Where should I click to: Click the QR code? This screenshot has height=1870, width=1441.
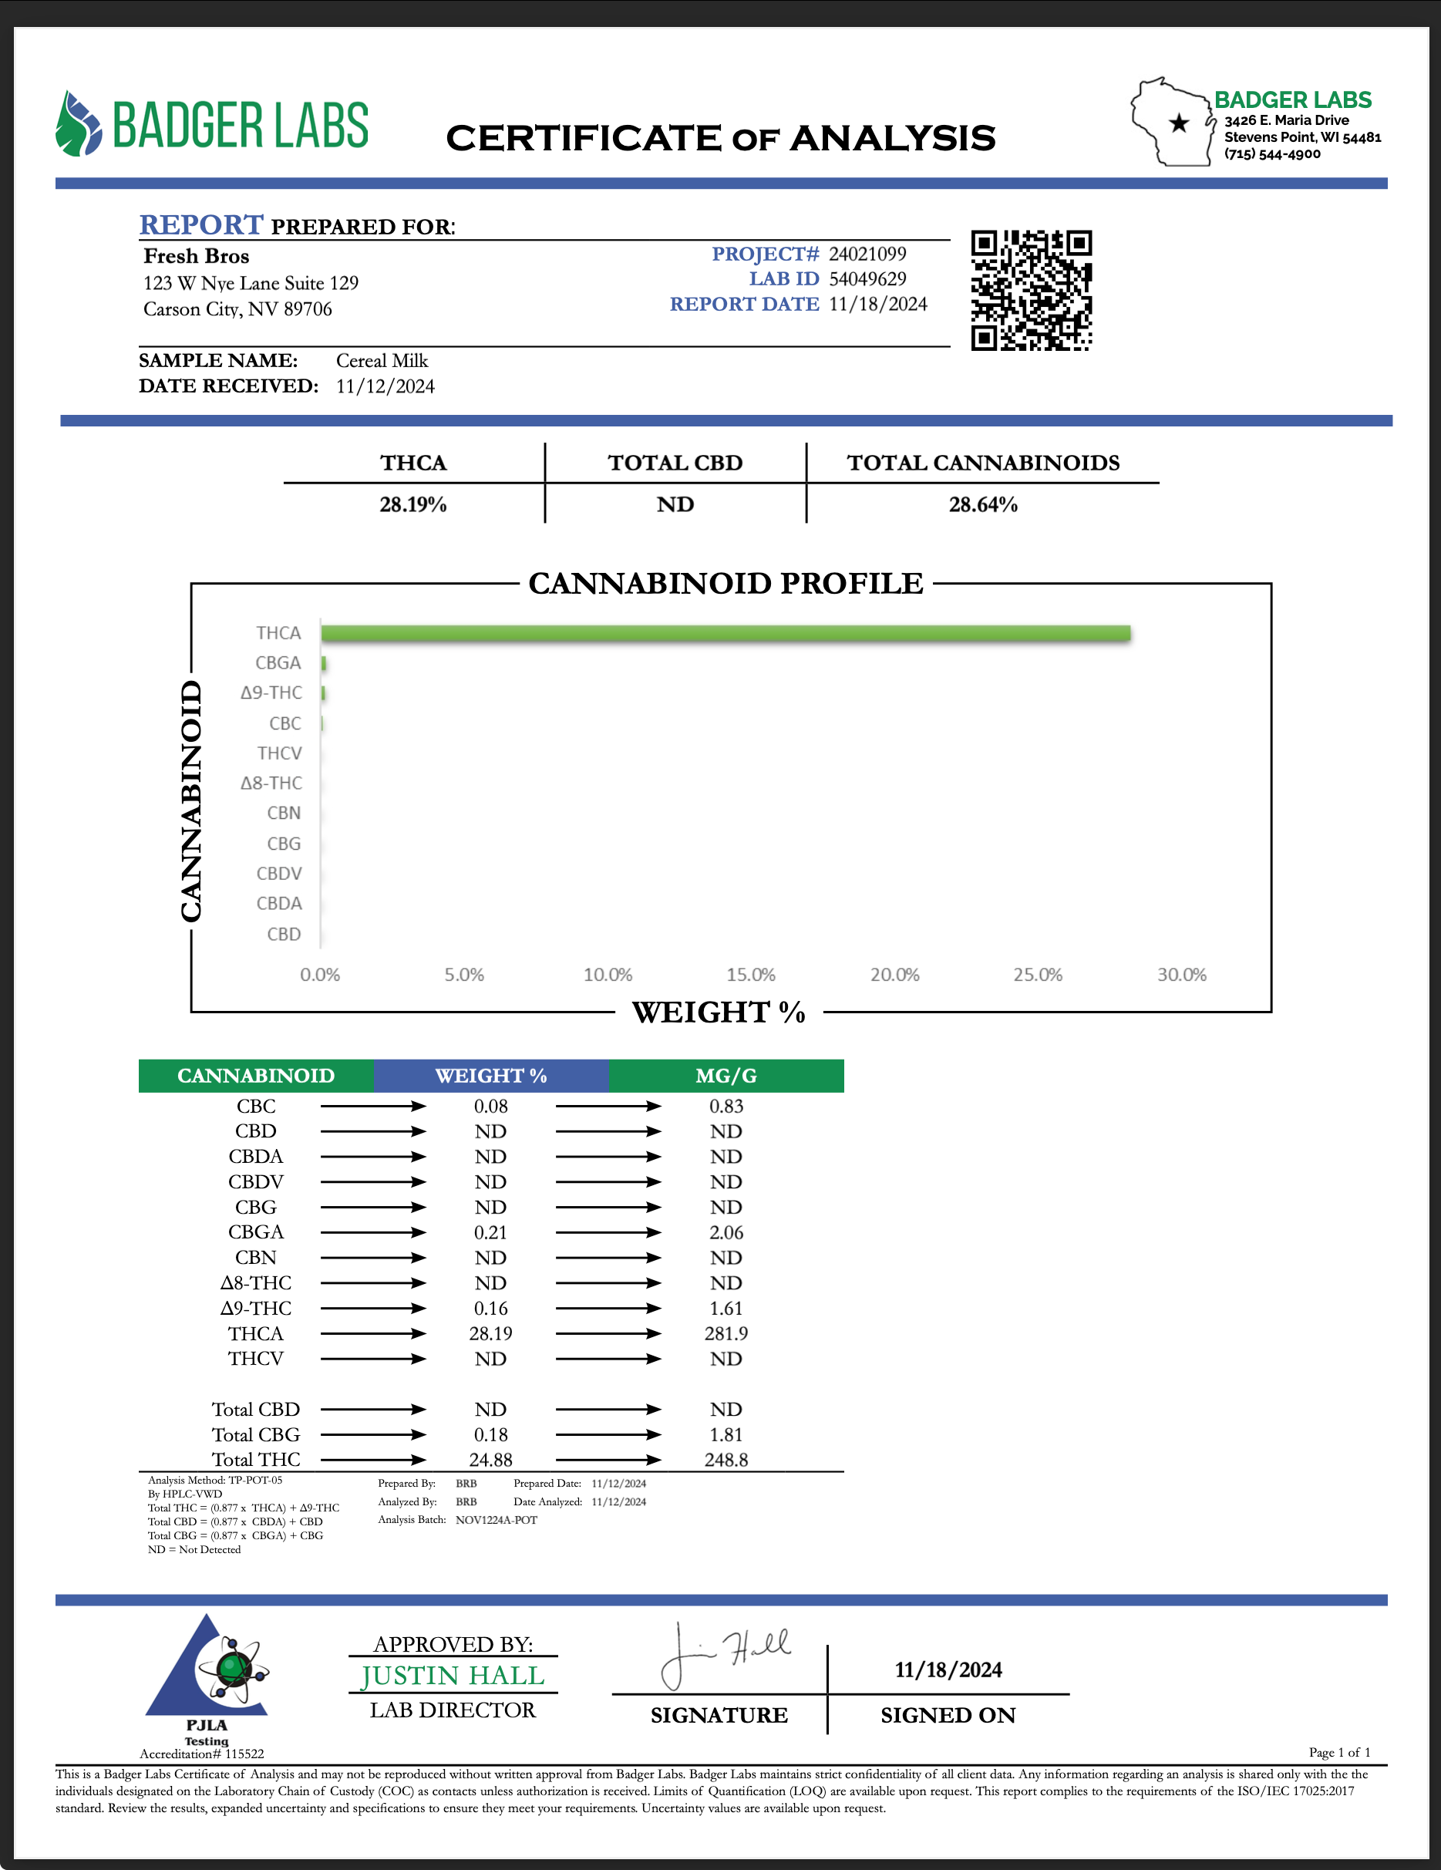[1031, 290]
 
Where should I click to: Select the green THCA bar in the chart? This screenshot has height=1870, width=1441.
[726, 634]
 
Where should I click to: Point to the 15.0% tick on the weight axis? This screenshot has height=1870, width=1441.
[751, 975]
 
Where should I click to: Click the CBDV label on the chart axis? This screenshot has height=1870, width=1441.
[279, 874]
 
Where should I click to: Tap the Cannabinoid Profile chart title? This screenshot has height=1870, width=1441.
[726, 584]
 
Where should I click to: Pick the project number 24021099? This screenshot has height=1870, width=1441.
[867, 254]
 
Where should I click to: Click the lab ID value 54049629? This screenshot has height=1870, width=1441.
[867, 279]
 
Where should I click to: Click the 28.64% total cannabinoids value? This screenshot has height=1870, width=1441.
[982, 504]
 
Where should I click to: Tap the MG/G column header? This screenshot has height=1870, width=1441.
[726, 1076]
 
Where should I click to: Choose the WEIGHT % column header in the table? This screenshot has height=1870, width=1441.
[490, 1076]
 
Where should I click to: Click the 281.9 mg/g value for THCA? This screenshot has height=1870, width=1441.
[726, 1333]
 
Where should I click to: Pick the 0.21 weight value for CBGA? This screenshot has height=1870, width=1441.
[490, 1232]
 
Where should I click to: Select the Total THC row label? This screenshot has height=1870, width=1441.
[256, 1459]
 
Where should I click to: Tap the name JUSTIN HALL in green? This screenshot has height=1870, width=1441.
[452, 1676]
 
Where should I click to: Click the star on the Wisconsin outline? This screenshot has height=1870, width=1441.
[1179, 123]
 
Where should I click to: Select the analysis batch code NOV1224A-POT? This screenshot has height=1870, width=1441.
[497, 1520]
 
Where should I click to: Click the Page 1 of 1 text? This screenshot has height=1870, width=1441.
[1339, 1752]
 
